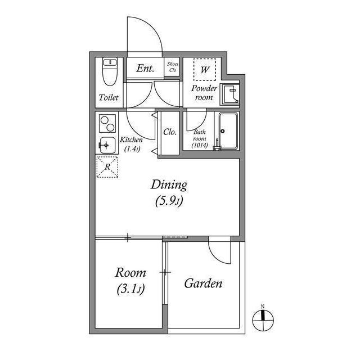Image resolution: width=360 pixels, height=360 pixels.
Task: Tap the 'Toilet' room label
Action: tap(109, 97)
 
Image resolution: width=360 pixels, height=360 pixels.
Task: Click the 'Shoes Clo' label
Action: tap(172, 67)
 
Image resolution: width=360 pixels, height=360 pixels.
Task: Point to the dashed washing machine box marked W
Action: tap(205, 70)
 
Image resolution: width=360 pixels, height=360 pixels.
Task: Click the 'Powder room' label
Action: tap(204, 93)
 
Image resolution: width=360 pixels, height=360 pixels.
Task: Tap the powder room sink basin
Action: tap(229, 94)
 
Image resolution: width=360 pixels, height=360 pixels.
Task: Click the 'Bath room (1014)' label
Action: tap(200, 139)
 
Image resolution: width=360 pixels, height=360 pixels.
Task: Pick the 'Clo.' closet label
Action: tap(170, 132)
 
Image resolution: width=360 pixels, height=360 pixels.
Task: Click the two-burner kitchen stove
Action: tap(106, 122)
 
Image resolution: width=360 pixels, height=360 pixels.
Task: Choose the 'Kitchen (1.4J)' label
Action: tap(131, 144)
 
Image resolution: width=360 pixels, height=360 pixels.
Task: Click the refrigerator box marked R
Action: tap(107, 166)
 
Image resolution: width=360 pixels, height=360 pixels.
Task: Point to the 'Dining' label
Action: tap(168, 184)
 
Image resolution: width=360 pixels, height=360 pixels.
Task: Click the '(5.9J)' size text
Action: tap(169, 201)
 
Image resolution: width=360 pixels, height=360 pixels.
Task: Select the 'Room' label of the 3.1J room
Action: tap(130, 273)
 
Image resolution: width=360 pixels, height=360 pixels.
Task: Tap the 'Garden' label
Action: tap(203, 283)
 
